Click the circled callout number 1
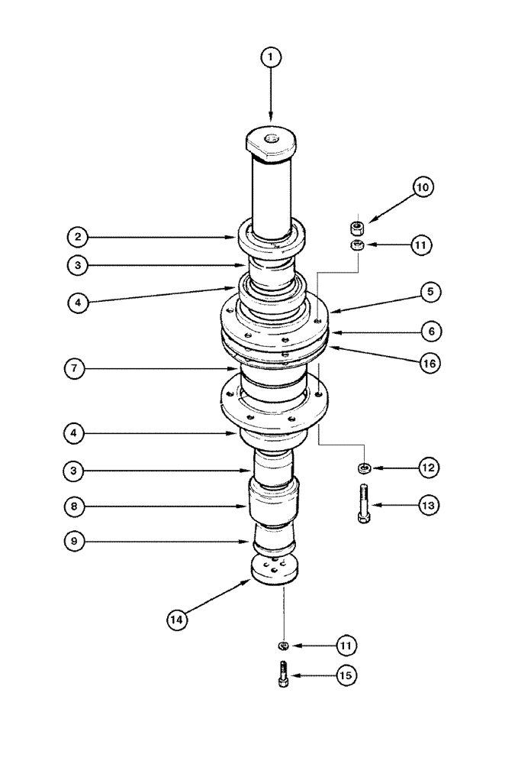[271, 57]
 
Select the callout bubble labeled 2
[76, 237]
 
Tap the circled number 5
[430, 291]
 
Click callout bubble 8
[76, 506]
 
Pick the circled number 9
[76, 542]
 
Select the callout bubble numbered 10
[423, 187]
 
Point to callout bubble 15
[347, 675]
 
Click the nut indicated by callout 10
[355, 226]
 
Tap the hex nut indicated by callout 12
[365, 468]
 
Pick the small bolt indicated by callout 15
[284, 675]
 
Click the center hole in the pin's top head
[271, 138]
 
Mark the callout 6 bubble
[430, 332]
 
